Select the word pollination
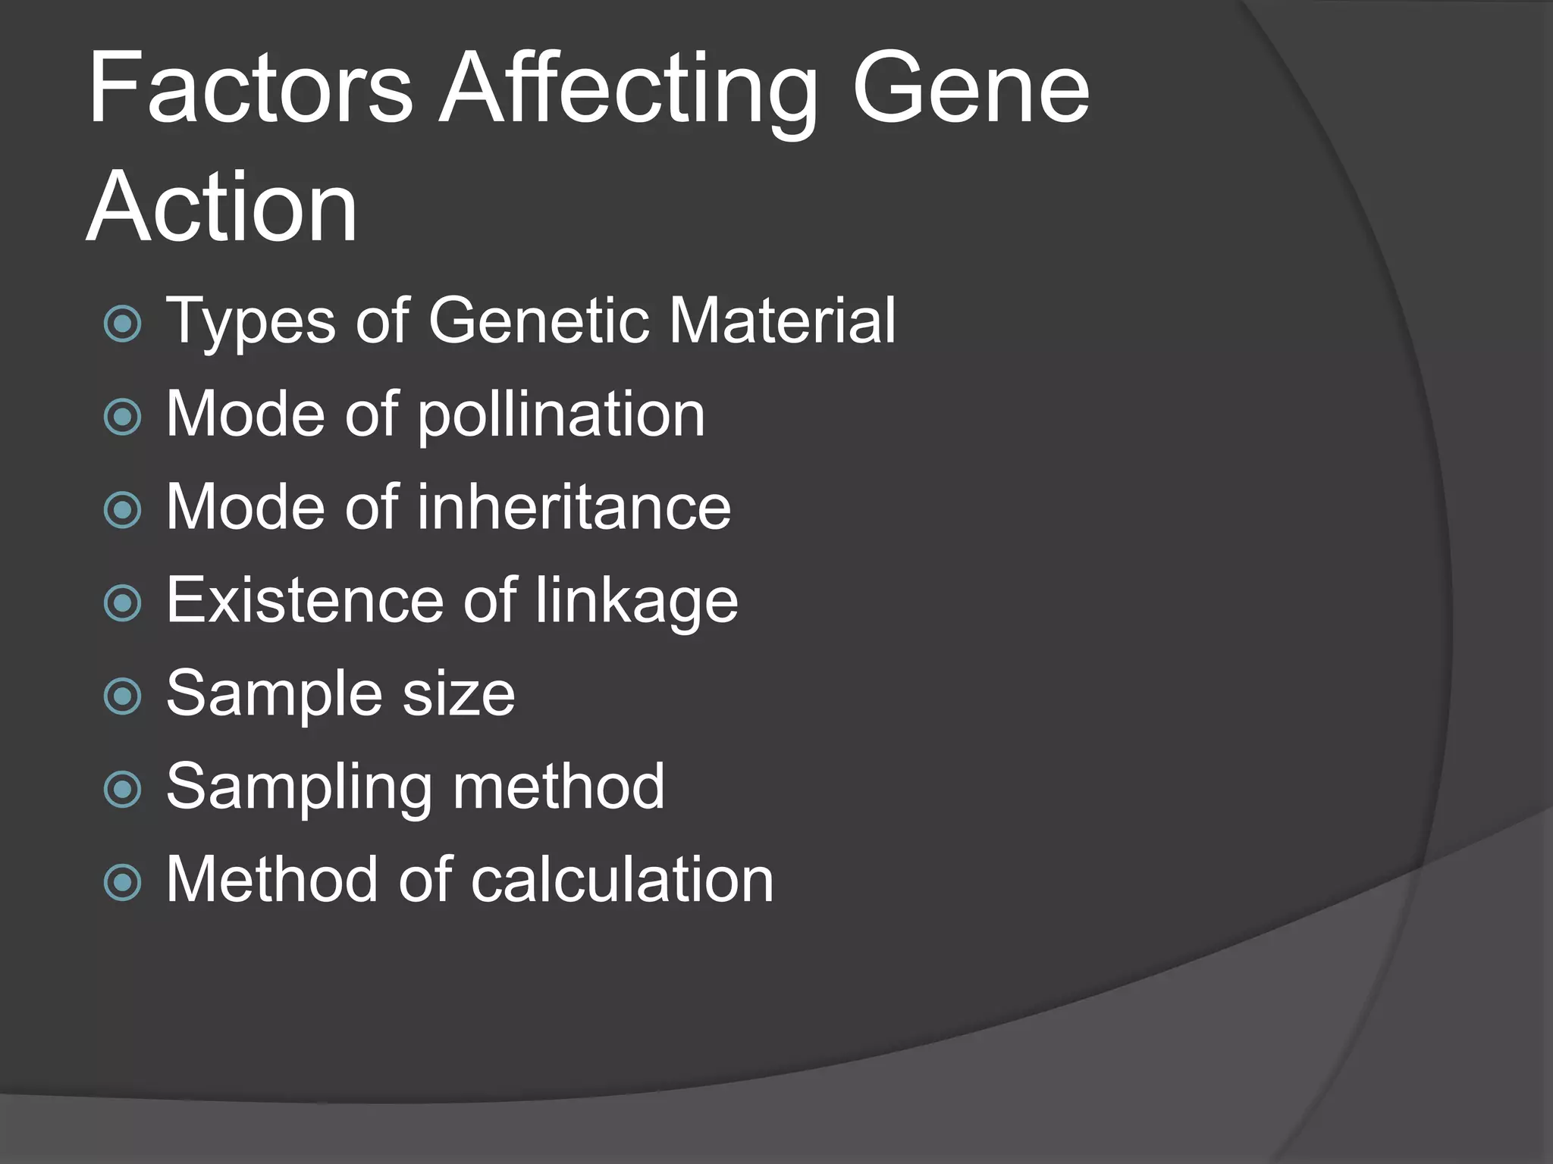561,415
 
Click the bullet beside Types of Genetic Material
123,324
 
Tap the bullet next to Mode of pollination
123,417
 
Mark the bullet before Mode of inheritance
123,510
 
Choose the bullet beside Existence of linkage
123,603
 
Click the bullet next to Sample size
123,696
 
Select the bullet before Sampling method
123,790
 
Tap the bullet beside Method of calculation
123,883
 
